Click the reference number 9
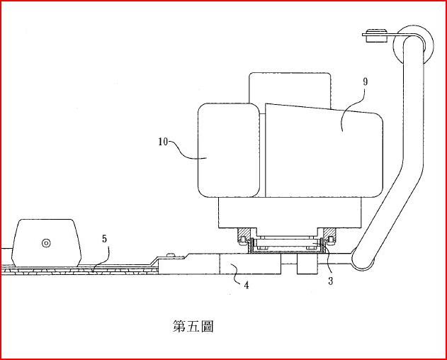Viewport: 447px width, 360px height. [365, 82]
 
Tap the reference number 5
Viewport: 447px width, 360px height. [104, 239]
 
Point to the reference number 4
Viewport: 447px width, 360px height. [246, 286]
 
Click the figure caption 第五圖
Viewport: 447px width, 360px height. [193, 326]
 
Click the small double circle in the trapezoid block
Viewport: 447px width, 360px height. [46, 243]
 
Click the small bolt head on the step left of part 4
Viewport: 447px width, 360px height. [170, 254]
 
